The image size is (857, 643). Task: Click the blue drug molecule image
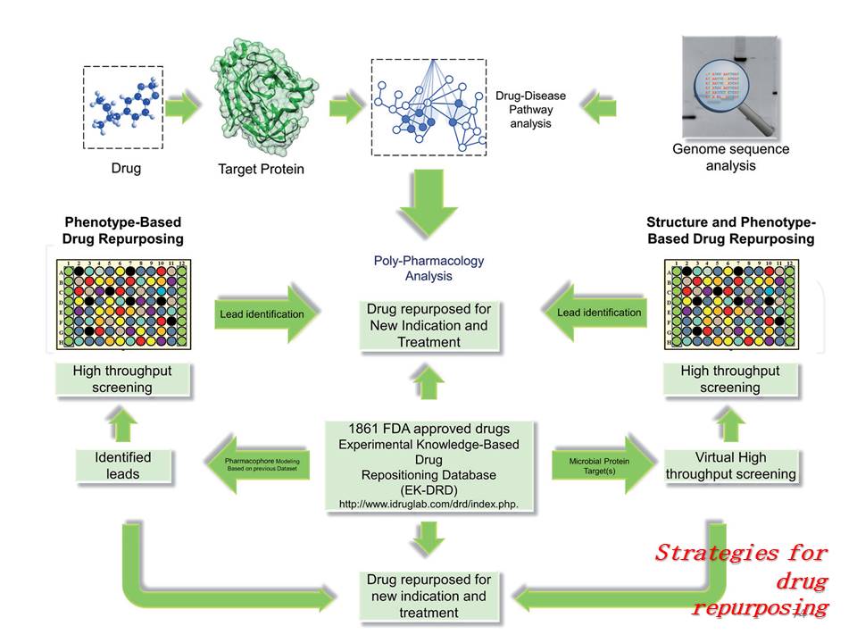click(122, 106)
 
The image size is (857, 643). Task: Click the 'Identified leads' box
click(122, 465)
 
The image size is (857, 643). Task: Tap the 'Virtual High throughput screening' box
click(729, 465)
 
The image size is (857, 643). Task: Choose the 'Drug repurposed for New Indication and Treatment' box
click(428, 325)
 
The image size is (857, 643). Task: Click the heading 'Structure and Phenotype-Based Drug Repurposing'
click(730, 230)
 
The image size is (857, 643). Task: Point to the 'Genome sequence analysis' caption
click(731, 157)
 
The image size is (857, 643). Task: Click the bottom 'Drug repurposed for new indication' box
click(428, 596)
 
